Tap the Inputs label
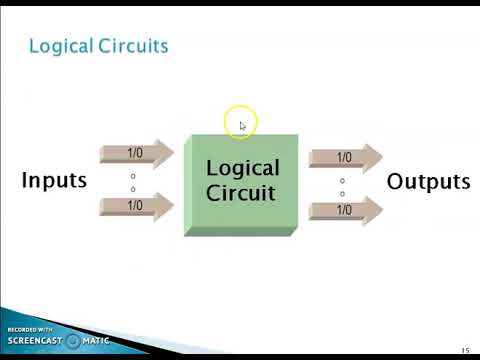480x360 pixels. tap(54, 181)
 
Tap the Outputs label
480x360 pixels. tap(428, 182)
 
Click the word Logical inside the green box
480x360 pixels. tap(242, 168)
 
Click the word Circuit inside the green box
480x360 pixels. tap(242, 192)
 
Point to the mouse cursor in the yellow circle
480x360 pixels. tap(242, 125)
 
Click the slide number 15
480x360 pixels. tap(465, 349)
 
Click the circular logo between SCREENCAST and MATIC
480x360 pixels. tap(72, 341)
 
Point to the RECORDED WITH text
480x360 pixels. tap(29, 329)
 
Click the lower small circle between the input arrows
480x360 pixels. tap(133, 188)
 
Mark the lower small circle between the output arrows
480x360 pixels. tap(342, 193)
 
